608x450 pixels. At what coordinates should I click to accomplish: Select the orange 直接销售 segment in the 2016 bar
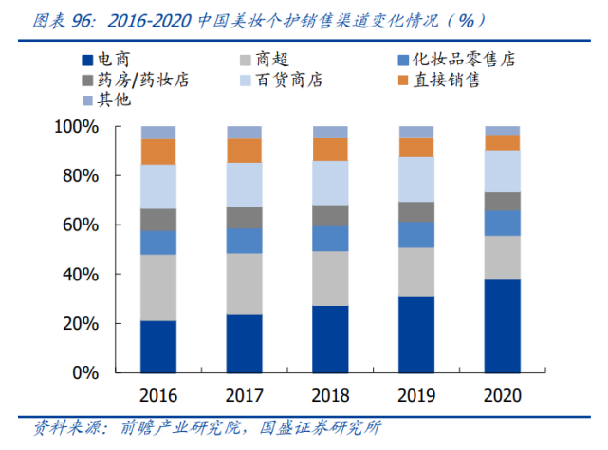pyautogui.click(x=158, y=152)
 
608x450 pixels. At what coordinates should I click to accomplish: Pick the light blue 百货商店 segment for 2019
pyautogui.click(x=416, y=179)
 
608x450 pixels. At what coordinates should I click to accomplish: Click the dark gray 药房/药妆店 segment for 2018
pyautogui.click(x=331, y=215)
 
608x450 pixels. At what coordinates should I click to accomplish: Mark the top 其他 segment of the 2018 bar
pyautogui.click(x=331, y=132)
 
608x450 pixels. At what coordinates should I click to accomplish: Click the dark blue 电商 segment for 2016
pyautogui.click(x=158, y=348)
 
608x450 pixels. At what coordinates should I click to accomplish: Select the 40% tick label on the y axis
pyautogui.click(x=82, y=274)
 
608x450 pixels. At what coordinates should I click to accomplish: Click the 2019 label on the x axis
pyautogui.click(x=416, y=395)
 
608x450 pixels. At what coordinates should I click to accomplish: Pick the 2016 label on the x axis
pyautogui.click(x=158, y=395)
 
